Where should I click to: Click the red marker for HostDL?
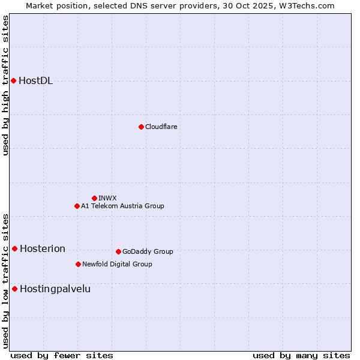tap(13, 80)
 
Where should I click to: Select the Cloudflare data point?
tap(141, 127)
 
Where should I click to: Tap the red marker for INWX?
tap(94, 198)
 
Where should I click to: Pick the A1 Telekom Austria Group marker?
tap(77, 206)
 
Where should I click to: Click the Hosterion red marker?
tap(14, 248)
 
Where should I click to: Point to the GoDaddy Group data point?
tap(118, 251)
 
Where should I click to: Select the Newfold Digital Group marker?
tap(78, 264)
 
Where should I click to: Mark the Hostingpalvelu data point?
tap(14, 289)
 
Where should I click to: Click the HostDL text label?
tap(36, 81)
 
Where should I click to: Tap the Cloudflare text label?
tap(161, 127)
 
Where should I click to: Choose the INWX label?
tap(107, 198)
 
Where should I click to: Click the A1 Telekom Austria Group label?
tap(122, 206)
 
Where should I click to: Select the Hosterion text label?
tap(43, 249)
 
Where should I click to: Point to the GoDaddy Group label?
tap(148, 251)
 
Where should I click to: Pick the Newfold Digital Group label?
tap(117, 264)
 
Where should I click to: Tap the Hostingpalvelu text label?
tap(55, 289)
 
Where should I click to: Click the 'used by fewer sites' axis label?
tap(62, 355)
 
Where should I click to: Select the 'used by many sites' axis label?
tap(301, 355)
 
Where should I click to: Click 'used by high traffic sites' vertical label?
tap(5, 85)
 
